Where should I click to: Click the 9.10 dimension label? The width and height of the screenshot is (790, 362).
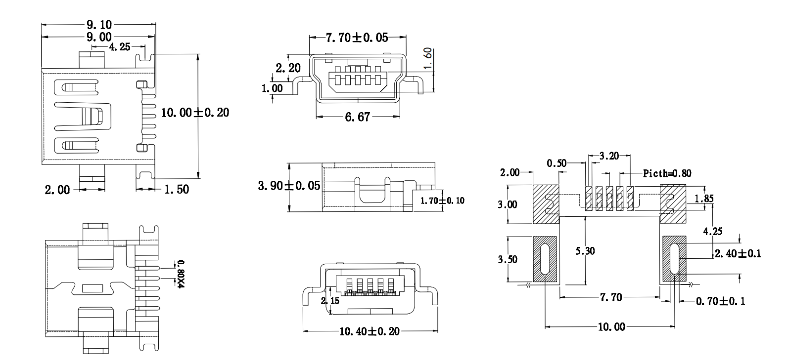[99, 24]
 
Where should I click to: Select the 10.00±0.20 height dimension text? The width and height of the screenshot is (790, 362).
[195, 113]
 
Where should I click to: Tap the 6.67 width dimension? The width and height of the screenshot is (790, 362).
[357, 118]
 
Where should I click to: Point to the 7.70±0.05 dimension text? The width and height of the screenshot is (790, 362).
[357, 38]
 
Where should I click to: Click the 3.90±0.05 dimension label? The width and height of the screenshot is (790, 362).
[289, 186]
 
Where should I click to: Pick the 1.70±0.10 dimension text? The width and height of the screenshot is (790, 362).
[442, 201]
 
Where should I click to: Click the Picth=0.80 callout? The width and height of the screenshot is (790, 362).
[667, 173]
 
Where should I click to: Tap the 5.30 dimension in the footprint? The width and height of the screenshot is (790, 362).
[585, 251]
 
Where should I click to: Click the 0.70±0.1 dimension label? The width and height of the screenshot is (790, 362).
[720, 301]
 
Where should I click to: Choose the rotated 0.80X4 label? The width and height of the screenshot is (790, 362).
[181, 274]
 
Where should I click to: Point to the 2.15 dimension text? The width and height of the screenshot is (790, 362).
[330, 300]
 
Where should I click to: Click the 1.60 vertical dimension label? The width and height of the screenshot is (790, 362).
[428, 60]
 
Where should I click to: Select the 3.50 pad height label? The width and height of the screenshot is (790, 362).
[508, 259]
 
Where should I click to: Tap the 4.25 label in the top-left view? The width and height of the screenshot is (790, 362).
[119, 47]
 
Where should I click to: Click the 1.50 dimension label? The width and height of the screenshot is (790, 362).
[176, 189]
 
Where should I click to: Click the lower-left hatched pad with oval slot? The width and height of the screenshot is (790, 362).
[545, 259]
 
